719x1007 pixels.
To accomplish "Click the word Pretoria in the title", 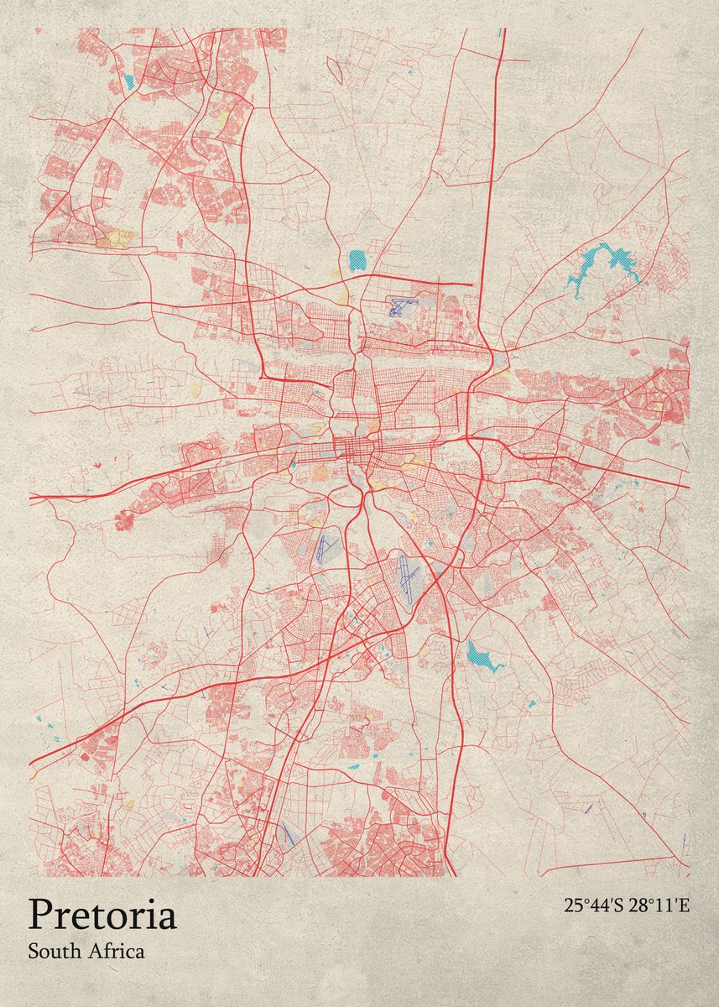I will pyautogui.click(x=102, y=916).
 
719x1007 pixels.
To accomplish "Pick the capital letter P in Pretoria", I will pyautogui.click(x=40, y=916).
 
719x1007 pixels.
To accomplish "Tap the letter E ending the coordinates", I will pyautogui.click(x=684, y=905).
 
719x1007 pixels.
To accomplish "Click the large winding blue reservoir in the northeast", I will pyautogui.click(x=606, y=262).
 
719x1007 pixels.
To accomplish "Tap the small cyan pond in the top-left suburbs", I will pyautogui.click(x=128, y=82).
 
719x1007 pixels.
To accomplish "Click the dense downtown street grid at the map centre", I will pyautogui.click(x=357, y=445).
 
